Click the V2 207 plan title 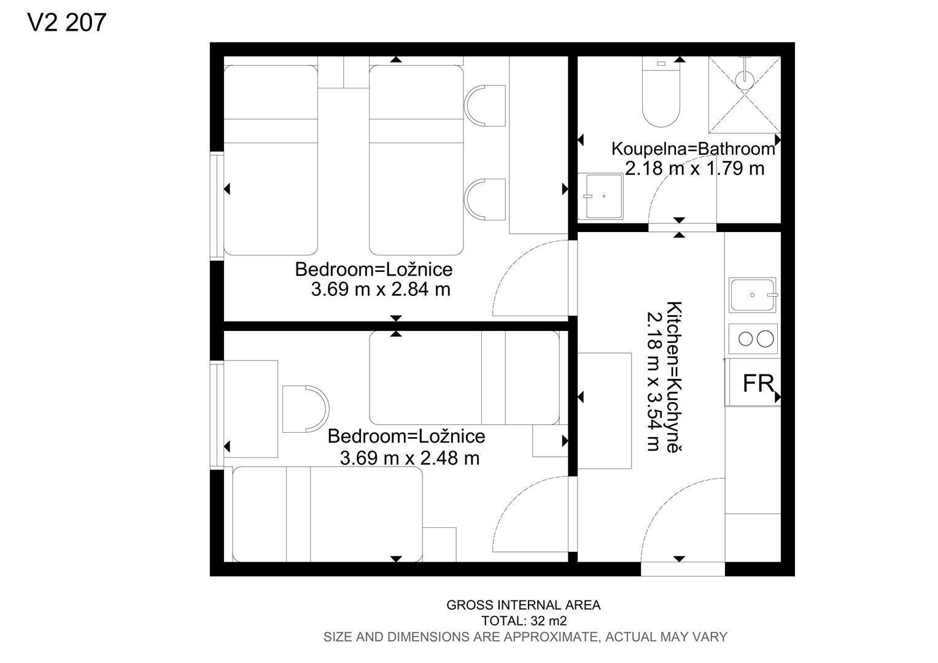click(x=67, y=23)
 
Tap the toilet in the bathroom click(x=661, y=91)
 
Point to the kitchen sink click(x=753, y=295)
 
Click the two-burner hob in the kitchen click(x=753, y=338)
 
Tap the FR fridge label click(x=758, y=383)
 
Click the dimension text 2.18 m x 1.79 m click(x=694, y=168)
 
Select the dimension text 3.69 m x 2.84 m click(x=380, y=289)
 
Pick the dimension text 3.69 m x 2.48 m click(x=409, y=458)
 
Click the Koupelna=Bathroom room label click(x=693, y=149)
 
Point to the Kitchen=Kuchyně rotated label click(x=674, y=377)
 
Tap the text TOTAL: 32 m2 click(x=524, y=621)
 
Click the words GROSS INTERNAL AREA click(x=524, y=605)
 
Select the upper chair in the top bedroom click(x=484, y=106)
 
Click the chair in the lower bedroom click(x=306, y=409)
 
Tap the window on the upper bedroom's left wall click(x=217, y=206)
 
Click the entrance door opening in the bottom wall click(x=683, y=569)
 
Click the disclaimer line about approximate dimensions click(x=525, y=637)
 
